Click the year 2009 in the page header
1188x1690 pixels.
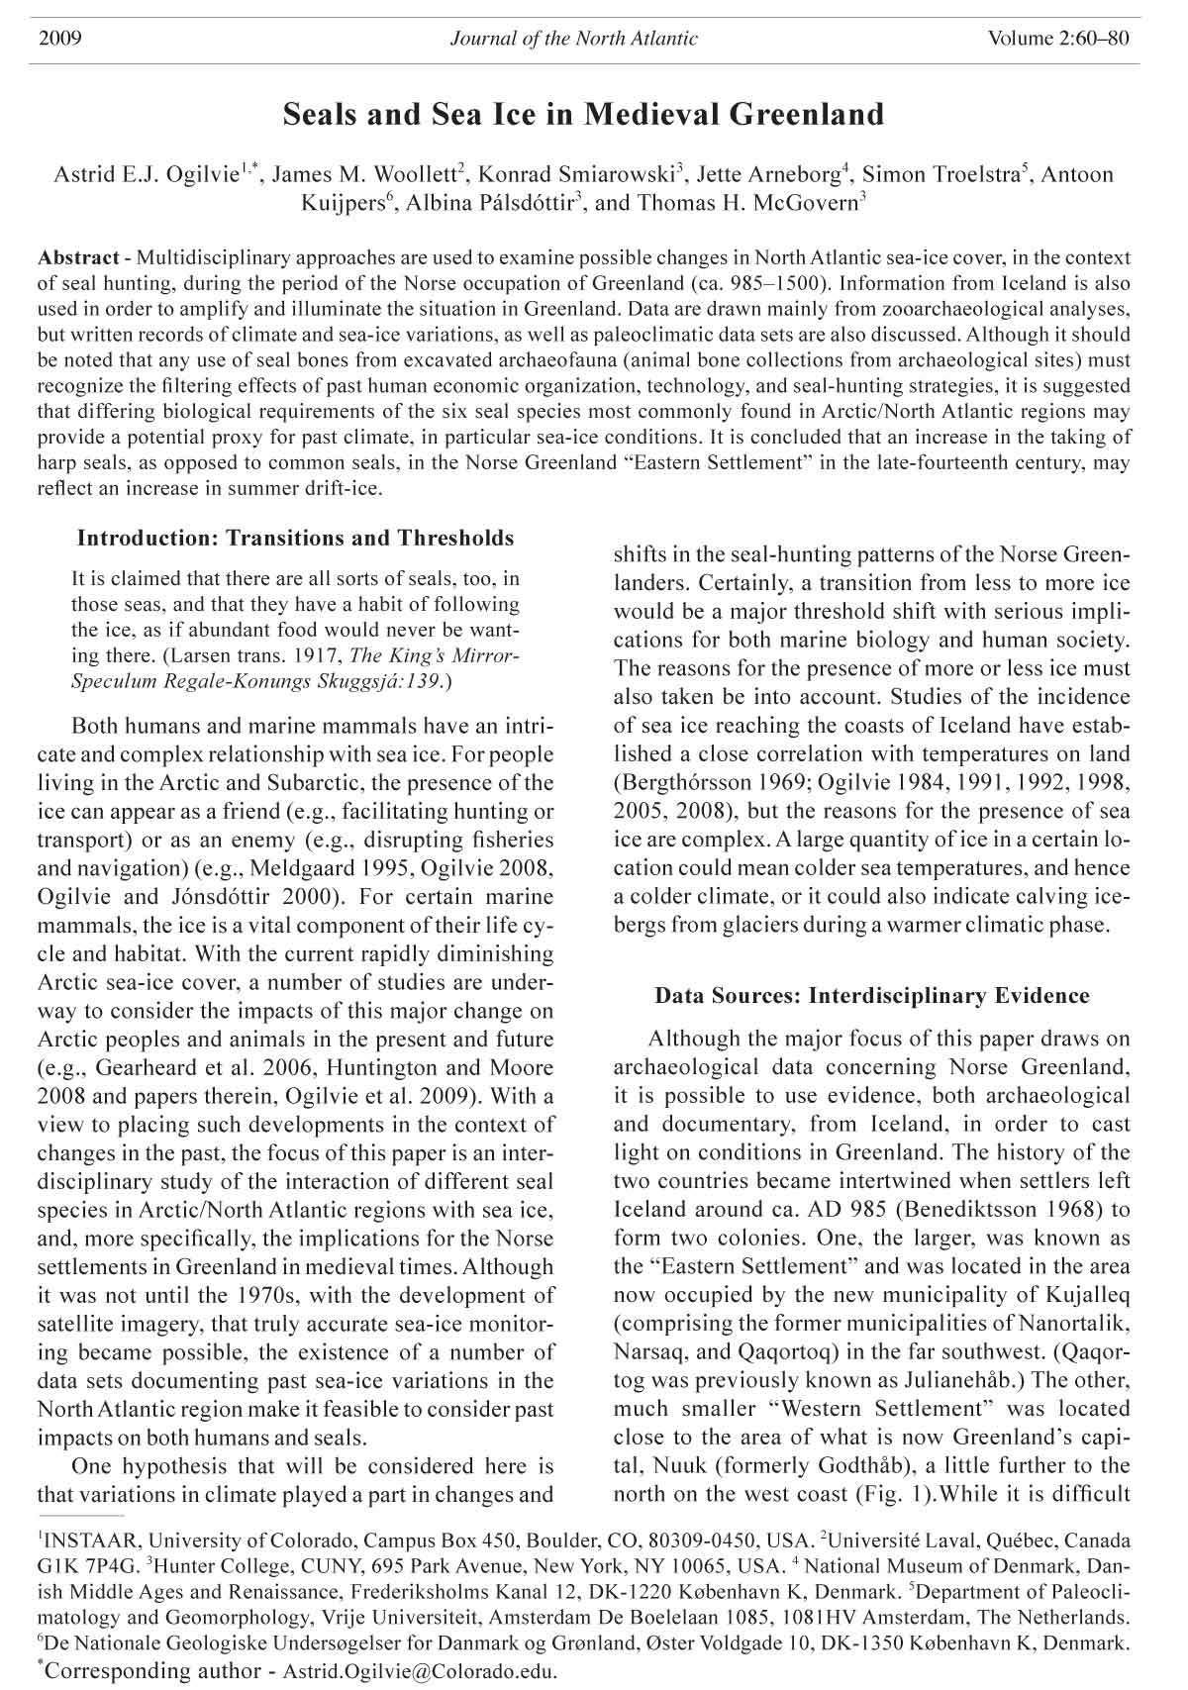click(x=59, y=39)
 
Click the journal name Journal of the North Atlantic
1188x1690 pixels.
click(x=573, y=39)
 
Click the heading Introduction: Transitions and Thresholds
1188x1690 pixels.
click(x=295, y=539)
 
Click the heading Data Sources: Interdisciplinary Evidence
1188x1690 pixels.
click(x=871, y=996)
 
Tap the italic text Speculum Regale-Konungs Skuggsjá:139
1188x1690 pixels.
click(x=260, y=682)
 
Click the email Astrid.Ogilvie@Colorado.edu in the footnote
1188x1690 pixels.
click(x=420, y=1671)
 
